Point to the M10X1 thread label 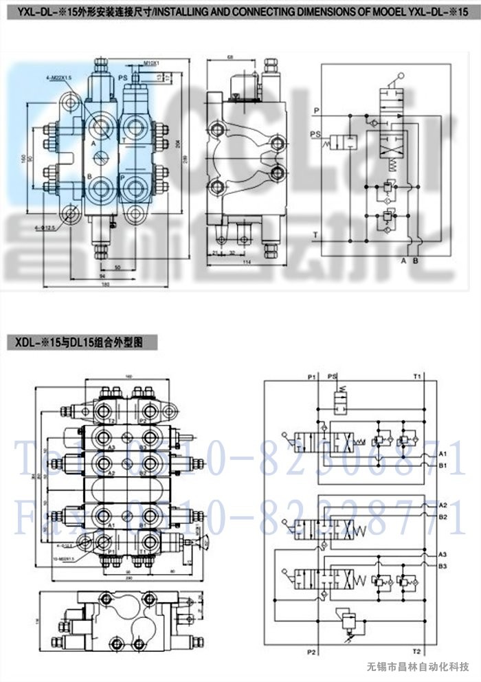(x=152, y=63)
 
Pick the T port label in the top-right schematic (x=315, y=234)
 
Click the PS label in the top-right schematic (x=316, y=133)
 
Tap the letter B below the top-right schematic (x=415, y=261)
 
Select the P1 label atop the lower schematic (x=312, y=377)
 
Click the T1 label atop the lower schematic (x=417, y=377)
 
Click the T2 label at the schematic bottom (x=416, y=650)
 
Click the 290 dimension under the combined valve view (x=128, y=578)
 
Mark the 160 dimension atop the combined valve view (x=128, y=376)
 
